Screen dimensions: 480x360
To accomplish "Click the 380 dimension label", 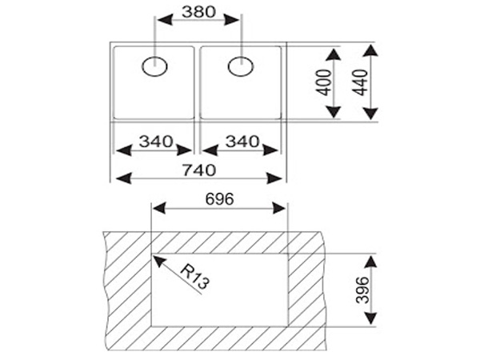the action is click(x=199, y=12).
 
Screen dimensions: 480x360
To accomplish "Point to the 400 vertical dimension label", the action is click(x=324, y=82).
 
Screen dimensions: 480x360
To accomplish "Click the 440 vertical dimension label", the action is click(x=360, y=82).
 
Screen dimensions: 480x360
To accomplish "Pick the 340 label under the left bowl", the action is click(x=156, y=142).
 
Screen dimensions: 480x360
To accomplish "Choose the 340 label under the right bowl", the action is click(x=242, y=142).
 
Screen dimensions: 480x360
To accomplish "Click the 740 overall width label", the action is click(x=199, y=170).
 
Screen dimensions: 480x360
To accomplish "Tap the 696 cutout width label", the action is click(x=219, y=199).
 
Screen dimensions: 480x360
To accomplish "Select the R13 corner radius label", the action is click(x=195, y=277).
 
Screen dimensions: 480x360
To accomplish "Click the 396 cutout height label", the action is click(x=362, y=290).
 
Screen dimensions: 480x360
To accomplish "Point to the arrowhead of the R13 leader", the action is click(x=159, y=261).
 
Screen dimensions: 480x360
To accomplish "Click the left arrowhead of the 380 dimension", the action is click(x=165, y=20).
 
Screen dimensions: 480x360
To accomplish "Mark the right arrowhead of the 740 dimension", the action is click(x=274, y=178).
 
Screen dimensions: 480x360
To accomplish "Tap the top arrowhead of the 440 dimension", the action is click(x=370, y=51).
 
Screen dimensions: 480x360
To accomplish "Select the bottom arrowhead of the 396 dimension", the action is click(x=370, y=318).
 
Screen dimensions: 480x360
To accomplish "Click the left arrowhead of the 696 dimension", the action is click(x=159, y=209).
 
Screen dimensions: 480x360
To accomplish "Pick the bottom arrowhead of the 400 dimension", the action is click(x=333, y=112).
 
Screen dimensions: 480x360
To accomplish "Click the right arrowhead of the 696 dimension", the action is click(x=279, y=209).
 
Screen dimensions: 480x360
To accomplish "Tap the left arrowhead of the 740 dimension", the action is click(x=124, y=178).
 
